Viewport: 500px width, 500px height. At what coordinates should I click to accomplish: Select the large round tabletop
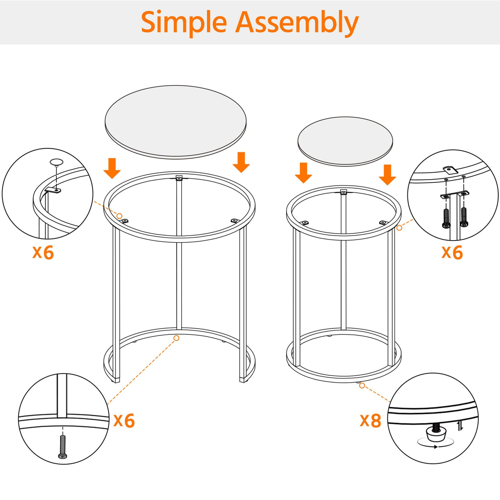(176, 121)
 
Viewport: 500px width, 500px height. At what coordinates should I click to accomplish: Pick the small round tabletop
(345, 141)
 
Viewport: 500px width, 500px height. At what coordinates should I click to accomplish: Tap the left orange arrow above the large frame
(112, 168)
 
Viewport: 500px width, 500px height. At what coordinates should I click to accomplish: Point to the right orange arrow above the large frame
(241, 162)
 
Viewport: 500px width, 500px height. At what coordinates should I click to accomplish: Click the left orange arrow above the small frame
(304, 173)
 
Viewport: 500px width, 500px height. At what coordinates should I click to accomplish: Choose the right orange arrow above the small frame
(387, 175)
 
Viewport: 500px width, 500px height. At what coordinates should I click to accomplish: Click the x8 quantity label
(370, 421)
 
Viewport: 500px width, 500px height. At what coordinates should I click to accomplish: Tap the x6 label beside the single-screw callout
(124, 421)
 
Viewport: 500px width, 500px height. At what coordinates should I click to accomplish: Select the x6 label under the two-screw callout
(452, 252)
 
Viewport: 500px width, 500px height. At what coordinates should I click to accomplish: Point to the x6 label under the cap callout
(43, 252)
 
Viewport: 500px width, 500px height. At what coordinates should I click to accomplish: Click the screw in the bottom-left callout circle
(62, 446)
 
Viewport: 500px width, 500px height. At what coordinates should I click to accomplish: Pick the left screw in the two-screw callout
(446, 217)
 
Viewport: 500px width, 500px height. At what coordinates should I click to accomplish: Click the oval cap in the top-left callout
(56, 161)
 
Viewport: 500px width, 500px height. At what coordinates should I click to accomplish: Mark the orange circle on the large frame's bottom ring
(176, 338)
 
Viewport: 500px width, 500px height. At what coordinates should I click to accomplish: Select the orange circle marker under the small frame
(362, 386)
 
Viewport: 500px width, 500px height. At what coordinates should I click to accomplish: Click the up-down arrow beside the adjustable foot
(460, 426)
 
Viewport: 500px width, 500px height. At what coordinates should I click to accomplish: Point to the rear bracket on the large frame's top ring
(179, 178)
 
